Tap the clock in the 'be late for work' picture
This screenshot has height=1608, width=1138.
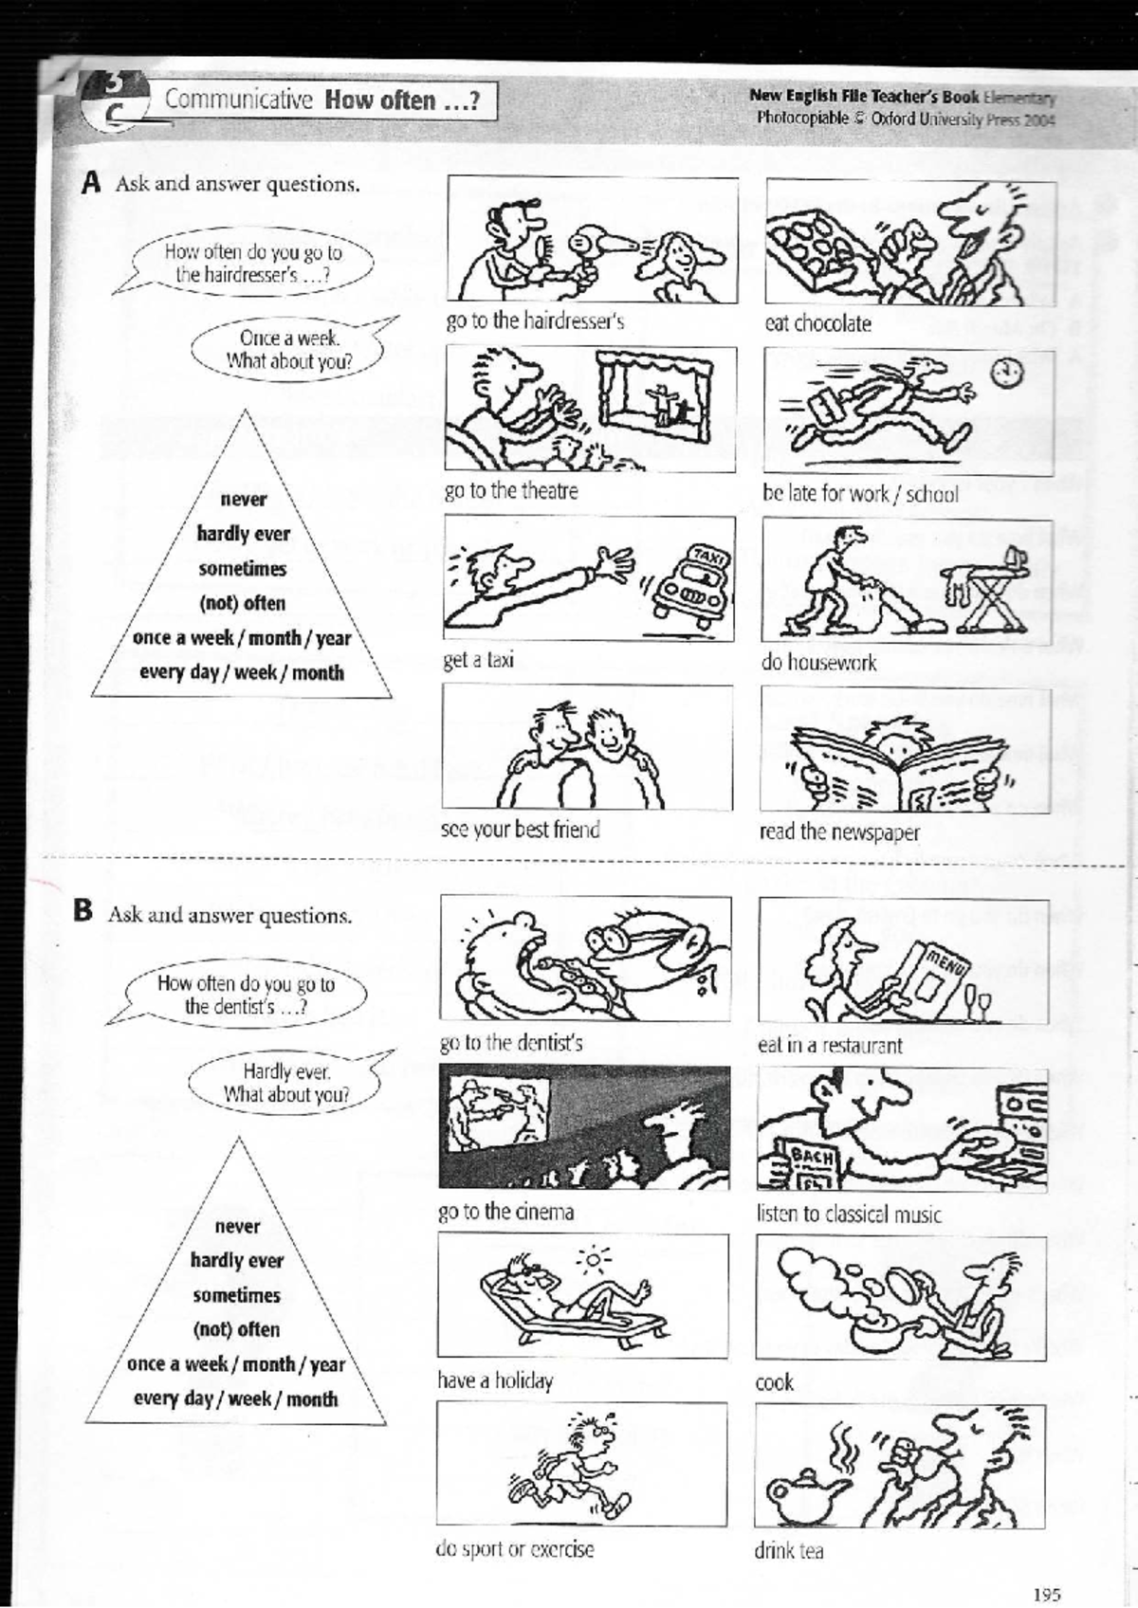[x=1007, y=373]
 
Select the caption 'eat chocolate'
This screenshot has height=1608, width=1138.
[x=817, y=323]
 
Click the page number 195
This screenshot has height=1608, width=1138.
[x=1047, y=1567]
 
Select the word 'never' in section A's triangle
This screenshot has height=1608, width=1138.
[x=243, y=499]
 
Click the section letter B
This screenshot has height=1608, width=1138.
[x=83, y=911]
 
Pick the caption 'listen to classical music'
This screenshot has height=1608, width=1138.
[x=849, y=1215]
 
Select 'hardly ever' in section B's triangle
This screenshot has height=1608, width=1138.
[x=237, y=1260]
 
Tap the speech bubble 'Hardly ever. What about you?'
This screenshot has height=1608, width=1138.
[x=285, y=1083]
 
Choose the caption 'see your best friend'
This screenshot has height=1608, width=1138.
[x=520, y=830]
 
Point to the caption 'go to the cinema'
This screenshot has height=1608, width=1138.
[x=505, y=1212]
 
